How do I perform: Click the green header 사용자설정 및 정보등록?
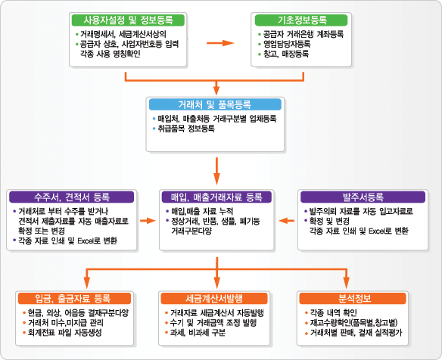(x=128, y=20)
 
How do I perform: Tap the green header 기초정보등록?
(x=301, y=20)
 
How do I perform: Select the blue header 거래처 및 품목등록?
(x=215, y=104)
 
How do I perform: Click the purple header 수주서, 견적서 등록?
(x=72, y=197)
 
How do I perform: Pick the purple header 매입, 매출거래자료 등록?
(x=216, y=197)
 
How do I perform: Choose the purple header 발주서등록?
(x=363, y=197)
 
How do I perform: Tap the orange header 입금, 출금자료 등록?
(x=74, y=298)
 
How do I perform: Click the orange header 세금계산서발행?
(x=214, y=298)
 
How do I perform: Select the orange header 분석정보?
(x=353, y=298)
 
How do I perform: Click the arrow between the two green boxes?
(x=220, y=43)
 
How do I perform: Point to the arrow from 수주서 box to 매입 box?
(x=148, y=221)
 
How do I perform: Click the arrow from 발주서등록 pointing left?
(x=286, y=221)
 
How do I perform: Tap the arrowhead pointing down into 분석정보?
(x=347, y=283)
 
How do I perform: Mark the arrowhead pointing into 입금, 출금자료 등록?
(x=87, y=283)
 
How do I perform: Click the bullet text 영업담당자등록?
(x=287, y=44)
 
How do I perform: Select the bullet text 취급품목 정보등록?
(x=186, y=129)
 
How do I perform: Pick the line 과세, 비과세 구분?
(x=198, y=333)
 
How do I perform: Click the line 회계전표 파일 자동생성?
(x=64, y=333)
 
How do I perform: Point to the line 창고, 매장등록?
(x=286, y=54)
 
